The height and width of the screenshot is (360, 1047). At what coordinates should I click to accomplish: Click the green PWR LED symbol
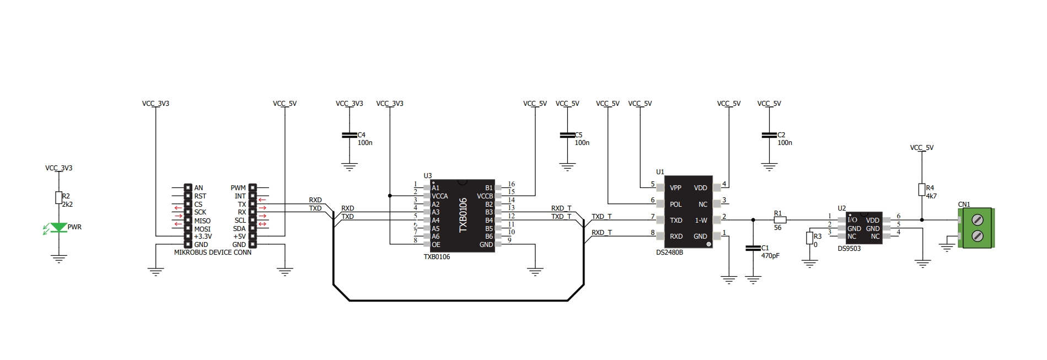[58, 227]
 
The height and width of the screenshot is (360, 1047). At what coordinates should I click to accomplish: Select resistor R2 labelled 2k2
[58, 197]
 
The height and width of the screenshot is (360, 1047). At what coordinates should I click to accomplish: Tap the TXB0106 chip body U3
[462, 216]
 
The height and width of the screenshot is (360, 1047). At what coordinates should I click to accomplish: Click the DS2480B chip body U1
[688, 212]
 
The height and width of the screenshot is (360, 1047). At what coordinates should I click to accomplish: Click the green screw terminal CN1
[977, 228]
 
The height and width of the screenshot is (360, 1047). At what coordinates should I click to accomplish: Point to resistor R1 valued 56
[779, 220]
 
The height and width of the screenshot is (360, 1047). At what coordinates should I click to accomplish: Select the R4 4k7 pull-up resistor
[922, 190]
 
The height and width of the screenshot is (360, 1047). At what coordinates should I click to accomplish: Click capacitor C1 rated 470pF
[753, 249]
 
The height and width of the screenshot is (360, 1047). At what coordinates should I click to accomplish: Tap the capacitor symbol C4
[349, 135]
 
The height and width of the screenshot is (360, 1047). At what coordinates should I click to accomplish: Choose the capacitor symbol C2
[769, 135]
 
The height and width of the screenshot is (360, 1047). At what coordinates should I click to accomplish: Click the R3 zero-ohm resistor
[809, 238]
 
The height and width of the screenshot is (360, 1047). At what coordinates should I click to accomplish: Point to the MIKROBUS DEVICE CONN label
[213, 252]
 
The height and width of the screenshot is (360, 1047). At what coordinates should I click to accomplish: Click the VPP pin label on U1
[675, 188]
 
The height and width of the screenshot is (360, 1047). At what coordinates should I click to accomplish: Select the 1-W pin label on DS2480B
[701, 221]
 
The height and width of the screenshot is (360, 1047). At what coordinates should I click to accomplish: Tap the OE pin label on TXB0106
[436, 245]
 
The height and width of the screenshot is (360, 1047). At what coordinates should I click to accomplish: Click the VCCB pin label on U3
[485, 196]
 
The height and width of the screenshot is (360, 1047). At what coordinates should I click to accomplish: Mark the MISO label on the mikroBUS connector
[202, 221]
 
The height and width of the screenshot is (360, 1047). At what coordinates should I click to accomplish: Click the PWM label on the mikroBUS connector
[238, 188]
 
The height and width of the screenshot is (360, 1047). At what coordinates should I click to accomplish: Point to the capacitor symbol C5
[567, 135]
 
